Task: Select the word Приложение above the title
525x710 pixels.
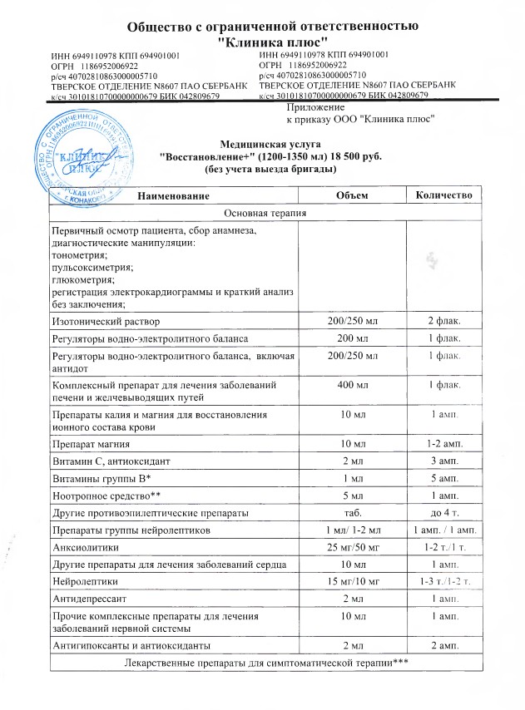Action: [315, 107]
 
